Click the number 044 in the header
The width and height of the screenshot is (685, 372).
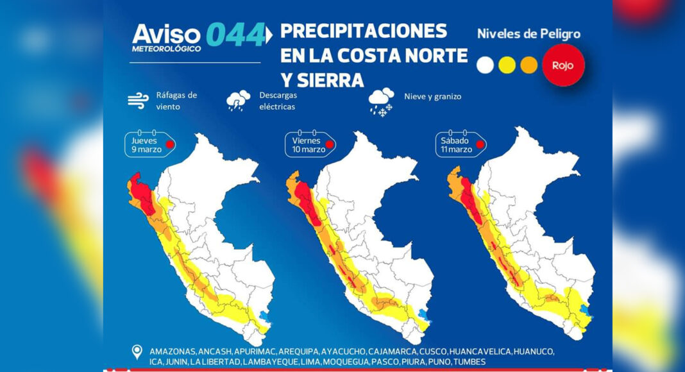point(235,35)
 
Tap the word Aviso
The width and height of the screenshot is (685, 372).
point(166,33)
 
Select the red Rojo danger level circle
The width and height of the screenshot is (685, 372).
point(563,65)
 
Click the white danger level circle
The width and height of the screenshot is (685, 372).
point(485,65)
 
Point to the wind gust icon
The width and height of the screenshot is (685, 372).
point(137,100)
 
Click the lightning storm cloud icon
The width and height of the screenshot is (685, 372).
point(239,101)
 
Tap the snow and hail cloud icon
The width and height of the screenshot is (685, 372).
point(381,101)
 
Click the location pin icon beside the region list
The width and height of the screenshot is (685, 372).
point(136,352)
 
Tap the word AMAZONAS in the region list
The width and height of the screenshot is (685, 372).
point(172,352)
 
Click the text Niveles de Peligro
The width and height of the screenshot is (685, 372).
point(529,34)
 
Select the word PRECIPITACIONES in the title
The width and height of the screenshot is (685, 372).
point(364,31)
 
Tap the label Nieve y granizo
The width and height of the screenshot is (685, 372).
point(432,97)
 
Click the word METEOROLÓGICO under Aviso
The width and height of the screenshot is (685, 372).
point(166,49)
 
